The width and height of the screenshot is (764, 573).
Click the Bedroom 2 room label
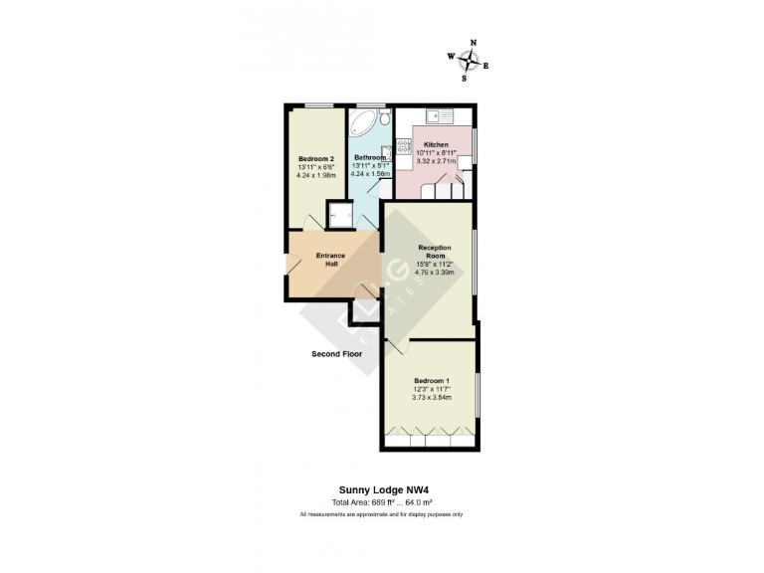coord(316,159)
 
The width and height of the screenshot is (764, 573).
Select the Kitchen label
coord(436,144)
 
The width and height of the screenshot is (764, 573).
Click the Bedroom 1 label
coord(432,381)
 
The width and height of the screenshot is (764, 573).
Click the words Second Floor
coord(336,353)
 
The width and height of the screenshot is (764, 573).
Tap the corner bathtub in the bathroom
coord(364,123)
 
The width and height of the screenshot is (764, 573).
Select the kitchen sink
coord(438,112)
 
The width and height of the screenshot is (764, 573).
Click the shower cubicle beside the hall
coord(341,216)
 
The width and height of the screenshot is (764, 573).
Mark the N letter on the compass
coord(473,43)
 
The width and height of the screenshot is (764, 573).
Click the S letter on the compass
coord(464,77)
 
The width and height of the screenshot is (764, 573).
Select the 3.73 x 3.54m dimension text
coord(432,398)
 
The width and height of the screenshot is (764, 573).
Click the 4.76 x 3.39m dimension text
coord(436,272)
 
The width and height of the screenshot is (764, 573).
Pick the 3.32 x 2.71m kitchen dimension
coord(436,160)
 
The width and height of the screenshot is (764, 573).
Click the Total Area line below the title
coord(382,501)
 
